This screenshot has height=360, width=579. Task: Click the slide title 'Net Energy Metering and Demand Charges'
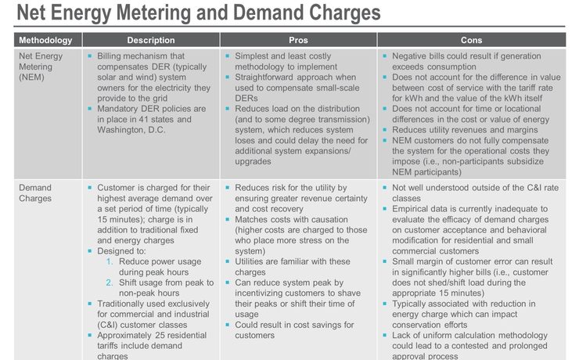(x=198, y=13)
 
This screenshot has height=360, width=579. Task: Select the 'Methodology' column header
(x=45, y=40)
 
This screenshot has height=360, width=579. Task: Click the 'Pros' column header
(x=298, y=40)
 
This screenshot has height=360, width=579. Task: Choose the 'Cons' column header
(x=472, y=40)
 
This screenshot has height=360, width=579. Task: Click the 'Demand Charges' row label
(x=35, y=193)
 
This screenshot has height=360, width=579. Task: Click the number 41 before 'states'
(x=144, y=120)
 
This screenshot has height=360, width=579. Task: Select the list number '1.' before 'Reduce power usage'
(x=110, y=261)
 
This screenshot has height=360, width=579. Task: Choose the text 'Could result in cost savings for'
(x=294, y=325)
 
